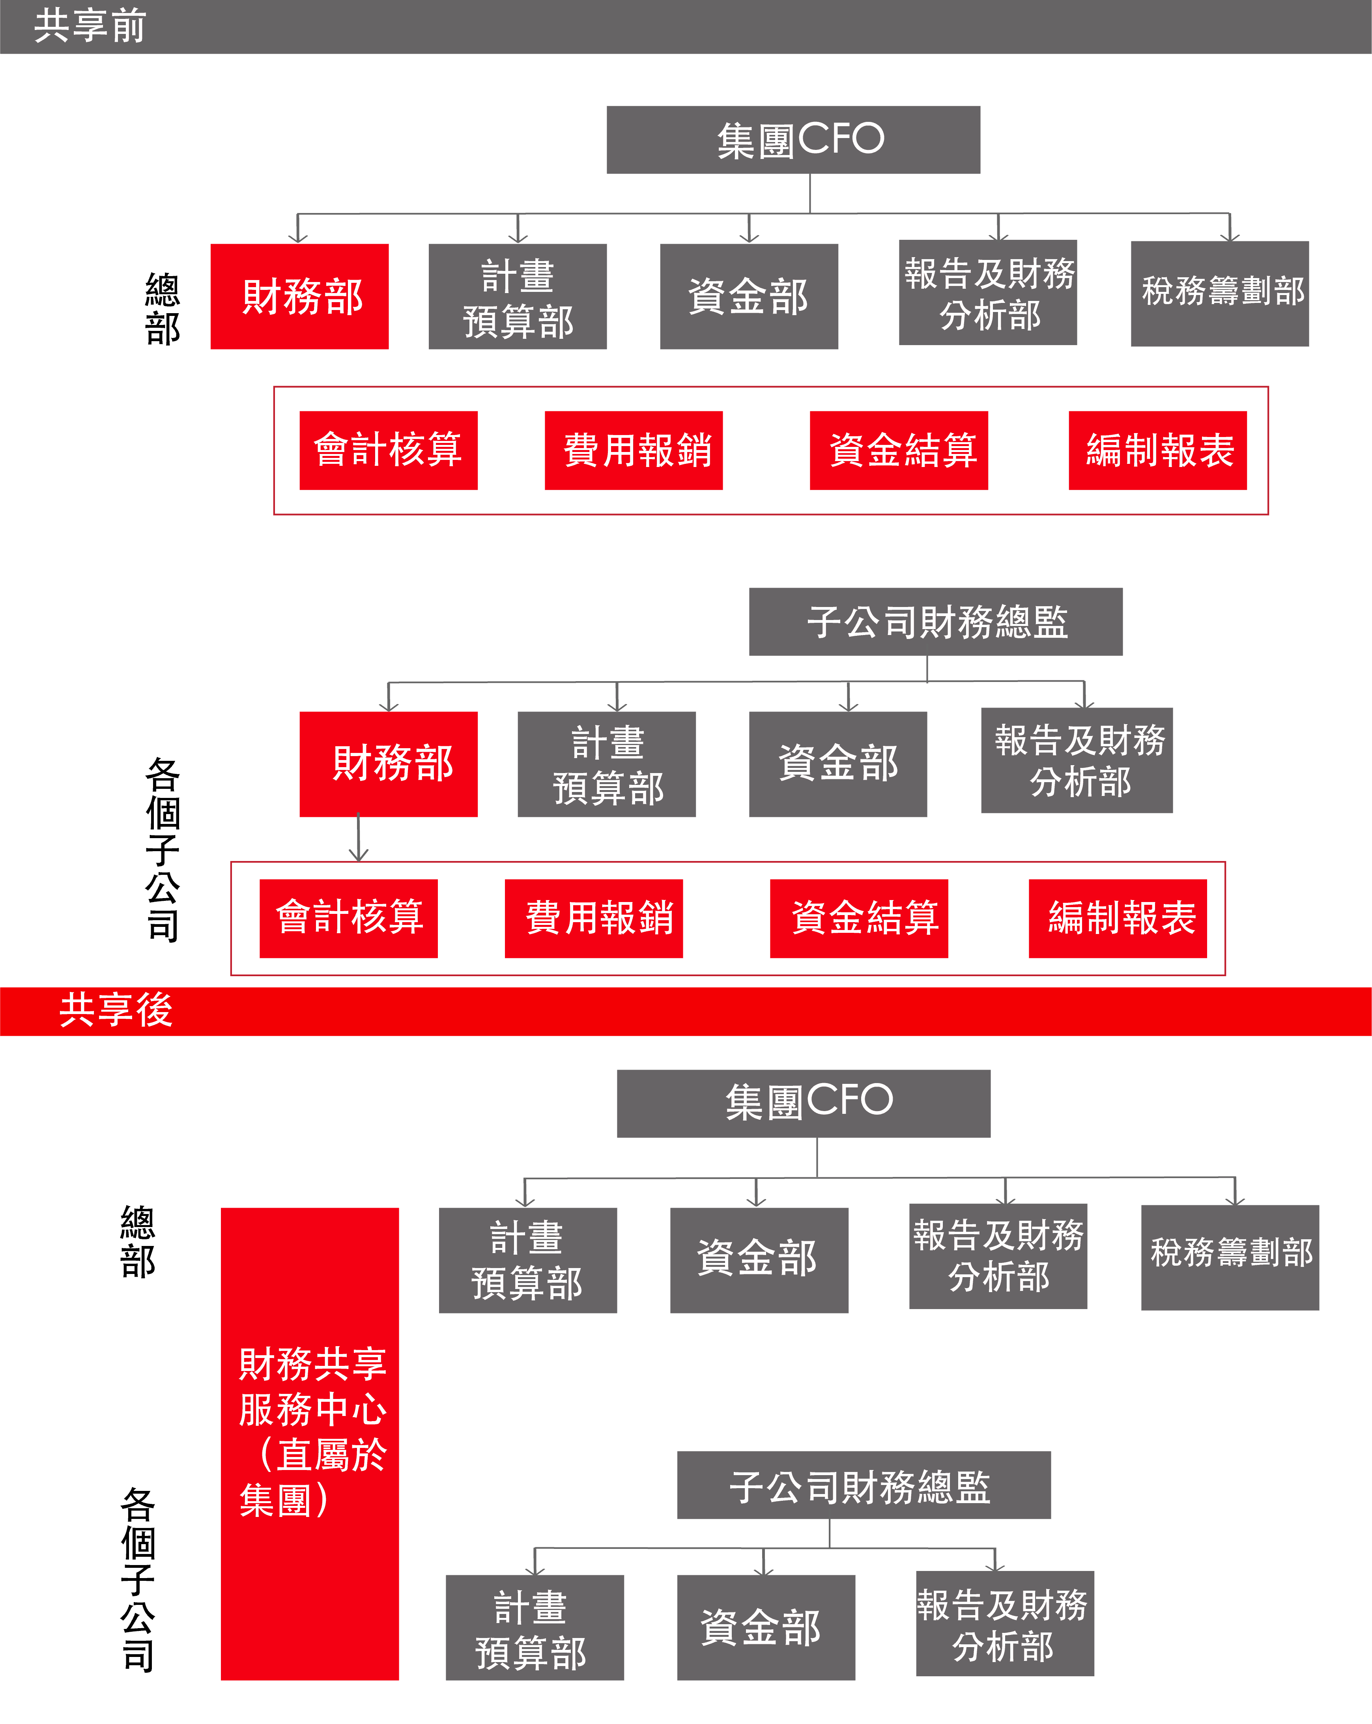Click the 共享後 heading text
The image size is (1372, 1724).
point(116,1010)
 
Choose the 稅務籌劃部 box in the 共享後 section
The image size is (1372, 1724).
point(1230,1257)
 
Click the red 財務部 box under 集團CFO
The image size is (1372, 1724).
point(300,297)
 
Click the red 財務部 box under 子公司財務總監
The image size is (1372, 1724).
point(389,764)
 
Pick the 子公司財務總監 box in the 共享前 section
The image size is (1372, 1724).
point(935,622)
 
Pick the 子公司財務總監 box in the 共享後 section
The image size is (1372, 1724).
point(864,1485)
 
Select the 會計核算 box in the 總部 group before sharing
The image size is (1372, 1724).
point(389,450)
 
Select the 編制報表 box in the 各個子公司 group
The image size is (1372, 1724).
point(1118,918)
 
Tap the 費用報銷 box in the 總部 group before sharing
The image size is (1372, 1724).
point(633,450)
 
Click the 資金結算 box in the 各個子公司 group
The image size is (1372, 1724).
point(859,918)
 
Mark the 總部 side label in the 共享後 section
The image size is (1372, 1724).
point(138,1242)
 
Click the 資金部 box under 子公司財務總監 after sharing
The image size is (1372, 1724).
point(766,1627)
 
